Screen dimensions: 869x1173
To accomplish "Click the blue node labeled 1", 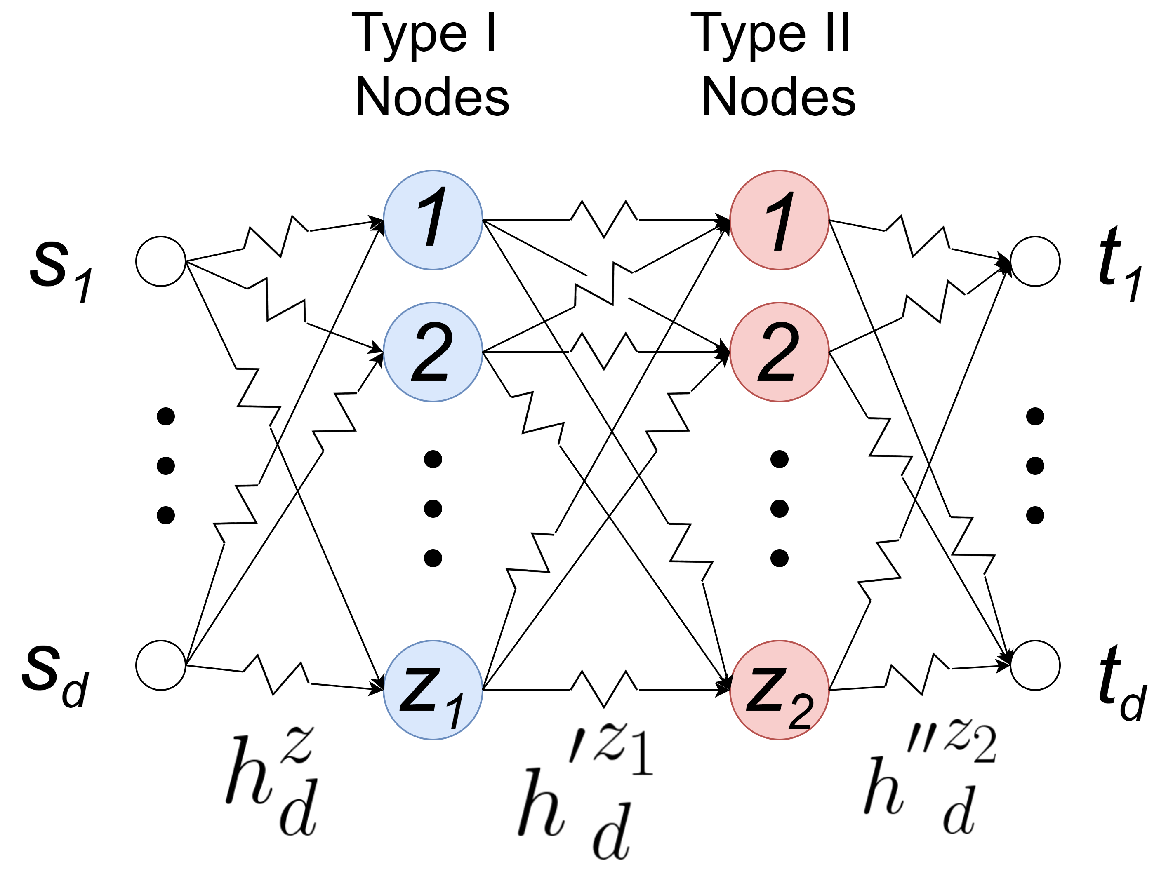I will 433,220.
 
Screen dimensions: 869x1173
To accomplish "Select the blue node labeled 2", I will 433,352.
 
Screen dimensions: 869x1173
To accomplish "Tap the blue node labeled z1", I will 433,690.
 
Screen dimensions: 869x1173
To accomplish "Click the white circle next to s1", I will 160,261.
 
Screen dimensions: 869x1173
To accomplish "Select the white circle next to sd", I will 160,665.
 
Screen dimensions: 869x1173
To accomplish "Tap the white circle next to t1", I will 1034,261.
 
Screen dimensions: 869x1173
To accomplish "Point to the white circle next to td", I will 1034,665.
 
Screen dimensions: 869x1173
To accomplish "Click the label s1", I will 61,271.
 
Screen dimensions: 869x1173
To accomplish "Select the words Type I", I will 424,34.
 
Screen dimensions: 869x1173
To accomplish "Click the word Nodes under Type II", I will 779,97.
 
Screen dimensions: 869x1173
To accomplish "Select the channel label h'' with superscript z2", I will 929,779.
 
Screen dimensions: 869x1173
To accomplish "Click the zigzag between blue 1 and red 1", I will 604,219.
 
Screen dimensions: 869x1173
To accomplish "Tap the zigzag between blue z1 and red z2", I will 604,688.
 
